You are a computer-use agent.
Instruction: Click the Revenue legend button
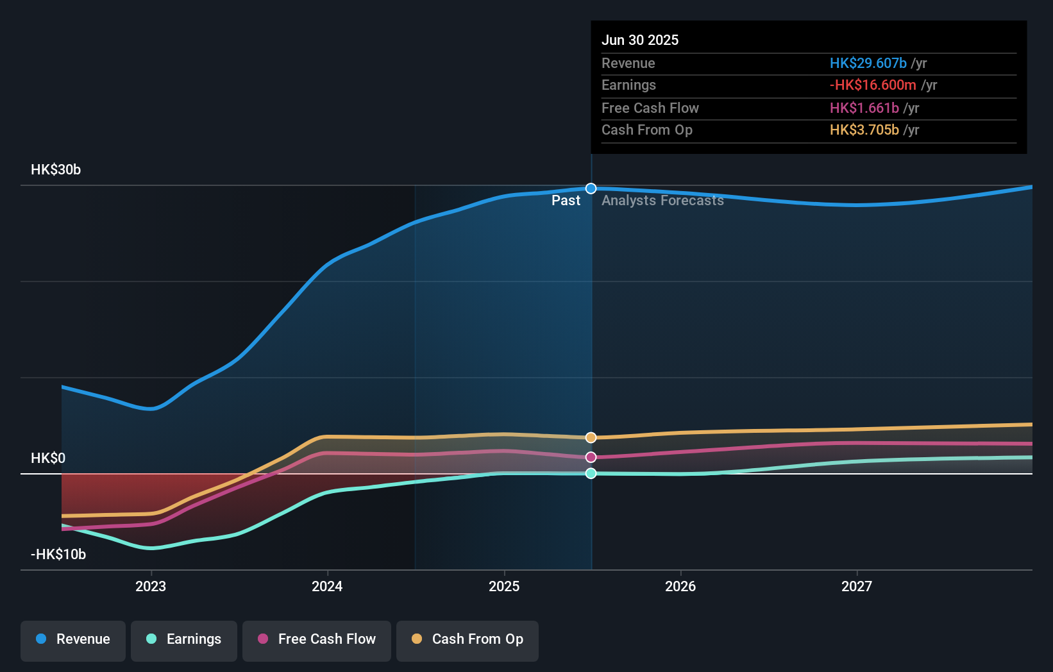(x=73, y=639)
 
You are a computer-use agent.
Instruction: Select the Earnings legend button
(x=184, y=639)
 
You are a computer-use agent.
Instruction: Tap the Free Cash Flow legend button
(x=317, y=639)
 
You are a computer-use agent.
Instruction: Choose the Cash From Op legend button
(x=468, y=639)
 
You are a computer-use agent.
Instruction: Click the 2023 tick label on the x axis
(x=151, y=587)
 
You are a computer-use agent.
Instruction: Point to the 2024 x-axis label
(x=327, y=587)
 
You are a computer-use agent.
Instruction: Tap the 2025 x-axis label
(x=504, y=587)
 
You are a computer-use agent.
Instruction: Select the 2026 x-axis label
(x=680, y=587)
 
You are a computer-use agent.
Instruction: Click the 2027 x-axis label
(x=857, y=587)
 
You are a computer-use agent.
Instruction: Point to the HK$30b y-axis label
(x=56, y=170)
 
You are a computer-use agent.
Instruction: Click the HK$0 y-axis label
(x=48, y=458)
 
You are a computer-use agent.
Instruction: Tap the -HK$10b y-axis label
(x=58, y=555)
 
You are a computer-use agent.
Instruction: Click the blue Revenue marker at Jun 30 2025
(x=591, y=189)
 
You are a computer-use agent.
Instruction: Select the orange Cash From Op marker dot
(x=591, y=437)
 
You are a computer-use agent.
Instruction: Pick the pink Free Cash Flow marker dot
(x=591, y=457)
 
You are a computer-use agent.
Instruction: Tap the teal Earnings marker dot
(x=591, y=473)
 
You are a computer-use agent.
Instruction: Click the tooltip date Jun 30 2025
(x=640, y=40)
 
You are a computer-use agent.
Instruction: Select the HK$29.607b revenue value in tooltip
(x=868, y=63)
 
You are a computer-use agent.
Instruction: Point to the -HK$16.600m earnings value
(x=873, y=85)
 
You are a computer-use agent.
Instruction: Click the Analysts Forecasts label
(x=662, y=201)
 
